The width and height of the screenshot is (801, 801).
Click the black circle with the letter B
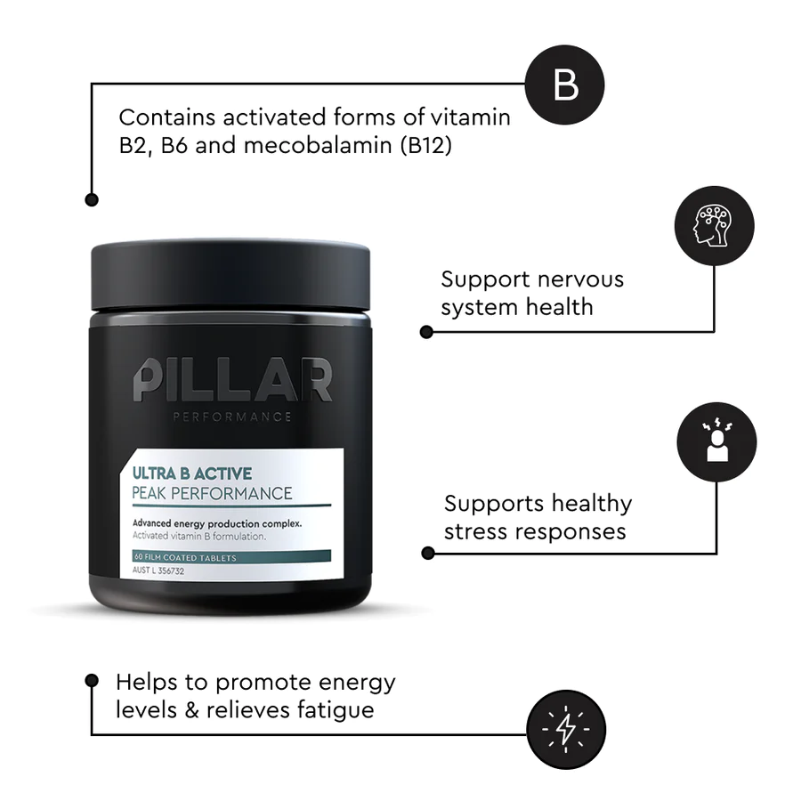[565, 85]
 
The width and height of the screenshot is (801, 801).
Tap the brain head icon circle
[715, 225]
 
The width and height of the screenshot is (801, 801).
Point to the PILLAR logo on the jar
[233, 380]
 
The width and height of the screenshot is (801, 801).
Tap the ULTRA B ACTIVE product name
[192, 473]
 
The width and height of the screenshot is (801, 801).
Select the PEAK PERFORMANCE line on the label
[212, 493]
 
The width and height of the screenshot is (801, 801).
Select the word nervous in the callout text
[578, 279]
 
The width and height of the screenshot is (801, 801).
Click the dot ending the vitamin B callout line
[91, 200]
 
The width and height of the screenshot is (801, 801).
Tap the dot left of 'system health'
[426, 331]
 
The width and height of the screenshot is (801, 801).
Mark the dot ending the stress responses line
[428, 553]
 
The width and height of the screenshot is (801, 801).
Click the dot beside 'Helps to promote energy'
[91, 680]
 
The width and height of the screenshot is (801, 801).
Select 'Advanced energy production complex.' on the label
[217, 523]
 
